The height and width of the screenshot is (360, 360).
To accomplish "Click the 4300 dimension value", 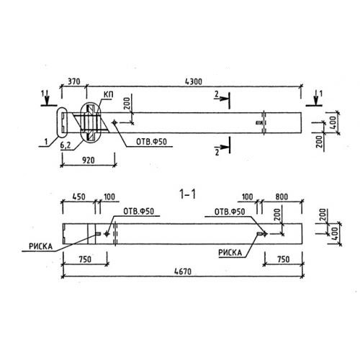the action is pos(194,81).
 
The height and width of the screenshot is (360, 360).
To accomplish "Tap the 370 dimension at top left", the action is pos(73,81).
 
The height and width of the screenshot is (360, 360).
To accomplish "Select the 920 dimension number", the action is pos(89,160).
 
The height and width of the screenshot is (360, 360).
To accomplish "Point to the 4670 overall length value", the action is pos(183,271).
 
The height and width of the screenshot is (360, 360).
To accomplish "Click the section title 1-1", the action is pos(188,194).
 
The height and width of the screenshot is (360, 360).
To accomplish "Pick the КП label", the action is pos(108,94).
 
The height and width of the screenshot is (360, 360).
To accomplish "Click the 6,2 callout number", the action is pos(66,145).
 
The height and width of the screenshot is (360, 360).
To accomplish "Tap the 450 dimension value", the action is pos(78,197).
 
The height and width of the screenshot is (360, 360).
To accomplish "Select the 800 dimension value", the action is pos(282,197).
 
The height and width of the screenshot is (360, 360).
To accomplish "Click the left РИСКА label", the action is pos(40,246).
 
